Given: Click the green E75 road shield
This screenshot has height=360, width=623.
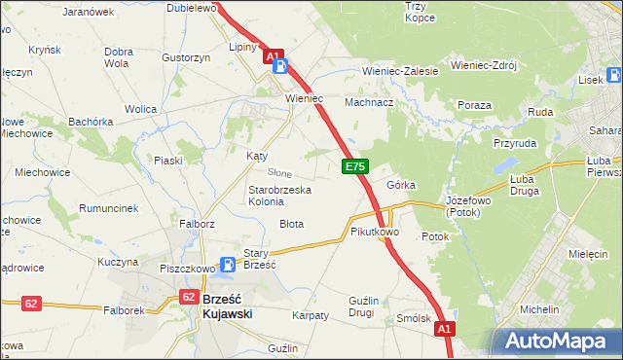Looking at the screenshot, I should [354, 167].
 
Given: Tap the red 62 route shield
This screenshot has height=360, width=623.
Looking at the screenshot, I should [31, 304].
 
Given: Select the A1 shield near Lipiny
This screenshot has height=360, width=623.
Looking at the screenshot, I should [275, 56].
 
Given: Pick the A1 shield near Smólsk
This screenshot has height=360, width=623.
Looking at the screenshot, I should [444, 330].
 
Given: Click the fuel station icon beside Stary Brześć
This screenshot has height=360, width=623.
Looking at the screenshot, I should [227, 264].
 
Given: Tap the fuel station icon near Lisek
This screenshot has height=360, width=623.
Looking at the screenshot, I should [614, 75].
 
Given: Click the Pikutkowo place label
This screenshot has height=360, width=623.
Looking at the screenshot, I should [375, 233].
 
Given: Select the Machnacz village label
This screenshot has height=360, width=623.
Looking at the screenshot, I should [369, 101].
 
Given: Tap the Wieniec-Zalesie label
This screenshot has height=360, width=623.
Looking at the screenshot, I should [400, 71].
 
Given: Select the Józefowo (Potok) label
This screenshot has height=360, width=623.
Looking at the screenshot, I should [471, 205].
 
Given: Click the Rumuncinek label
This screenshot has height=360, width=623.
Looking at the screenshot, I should [108, 208].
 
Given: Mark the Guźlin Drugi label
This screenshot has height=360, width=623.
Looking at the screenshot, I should [361, 306].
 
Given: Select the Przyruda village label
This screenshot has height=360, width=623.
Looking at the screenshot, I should [515, 141].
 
